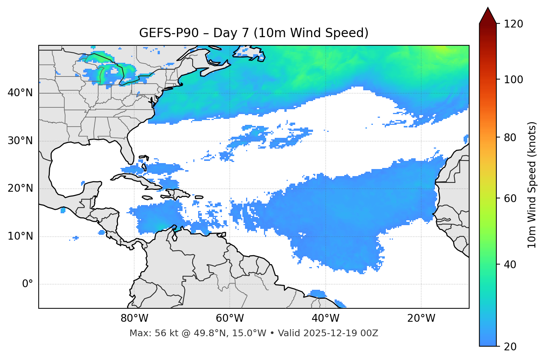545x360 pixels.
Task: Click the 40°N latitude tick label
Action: [20, 93]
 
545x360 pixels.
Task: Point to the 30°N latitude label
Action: [20, 141]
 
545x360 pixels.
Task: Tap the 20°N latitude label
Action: [20, 188]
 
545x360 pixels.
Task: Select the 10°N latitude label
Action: [20, 236]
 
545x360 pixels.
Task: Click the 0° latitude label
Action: [28, 284]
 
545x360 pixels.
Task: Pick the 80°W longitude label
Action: [134, 318]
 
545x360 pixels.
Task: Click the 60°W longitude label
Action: [230, 318]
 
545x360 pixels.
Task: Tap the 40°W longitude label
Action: [325, 318]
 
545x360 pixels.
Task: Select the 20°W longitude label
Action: [421, 318]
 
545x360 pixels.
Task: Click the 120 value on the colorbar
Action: [513, 24]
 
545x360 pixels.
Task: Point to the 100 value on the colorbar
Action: [513, 80]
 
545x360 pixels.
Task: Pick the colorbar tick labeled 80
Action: [510, 137]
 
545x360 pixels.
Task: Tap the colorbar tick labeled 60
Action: [510, 198]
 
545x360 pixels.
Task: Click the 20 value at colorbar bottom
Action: [510, 347]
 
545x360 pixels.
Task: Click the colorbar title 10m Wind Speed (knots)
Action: [532, 185]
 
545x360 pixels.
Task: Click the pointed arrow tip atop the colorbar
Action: [488, 9]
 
